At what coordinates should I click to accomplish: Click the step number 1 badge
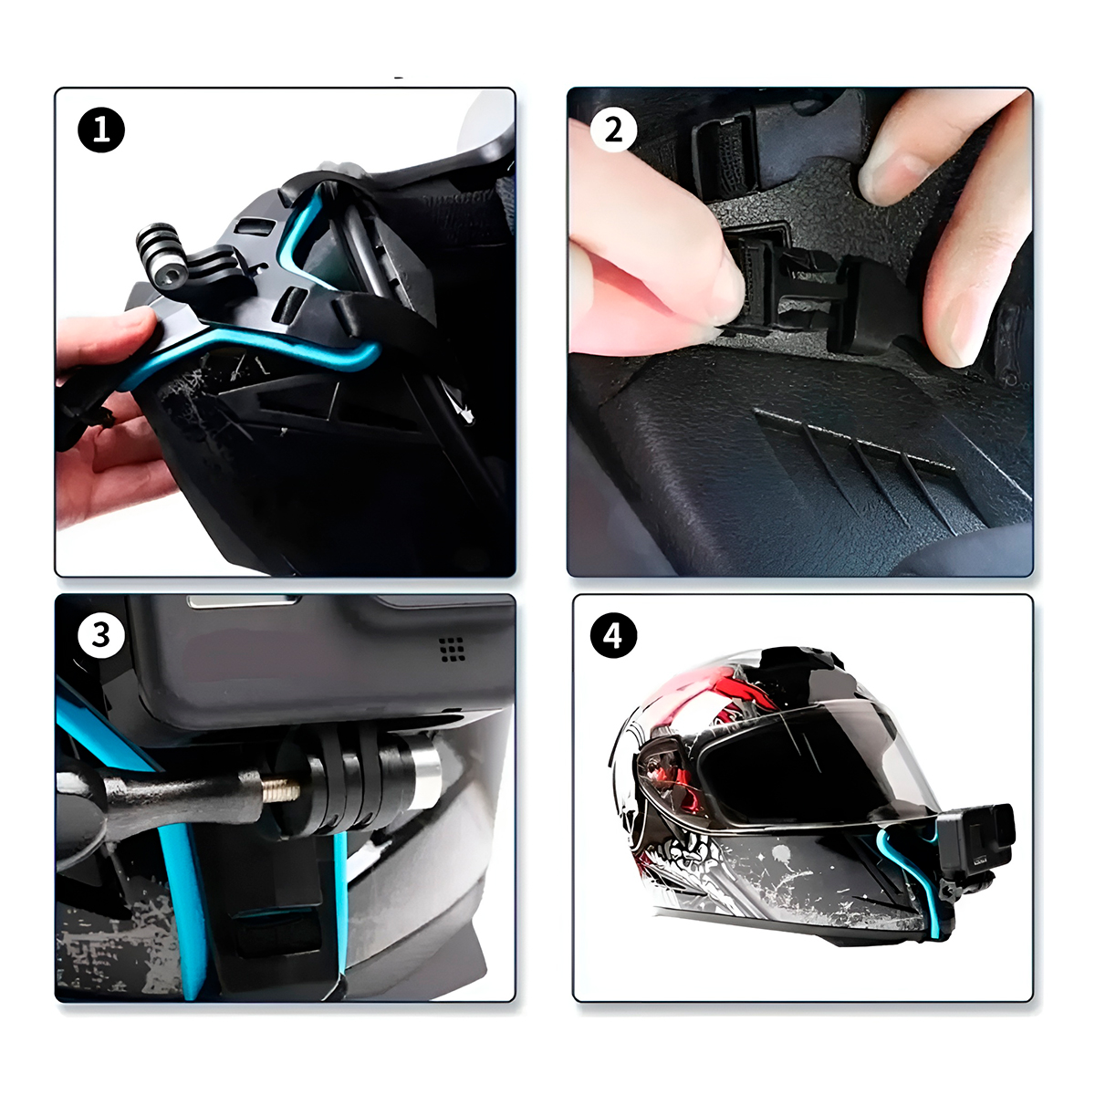(101, 130)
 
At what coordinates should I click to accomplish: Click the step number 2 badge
(614, 130)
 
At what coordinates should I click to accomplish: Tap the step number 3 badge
(101, 635)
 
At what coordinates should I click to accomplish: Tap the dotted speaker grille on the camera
(452, 649)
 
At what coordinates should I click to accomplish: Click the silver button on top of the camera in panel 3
(245, 601)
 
